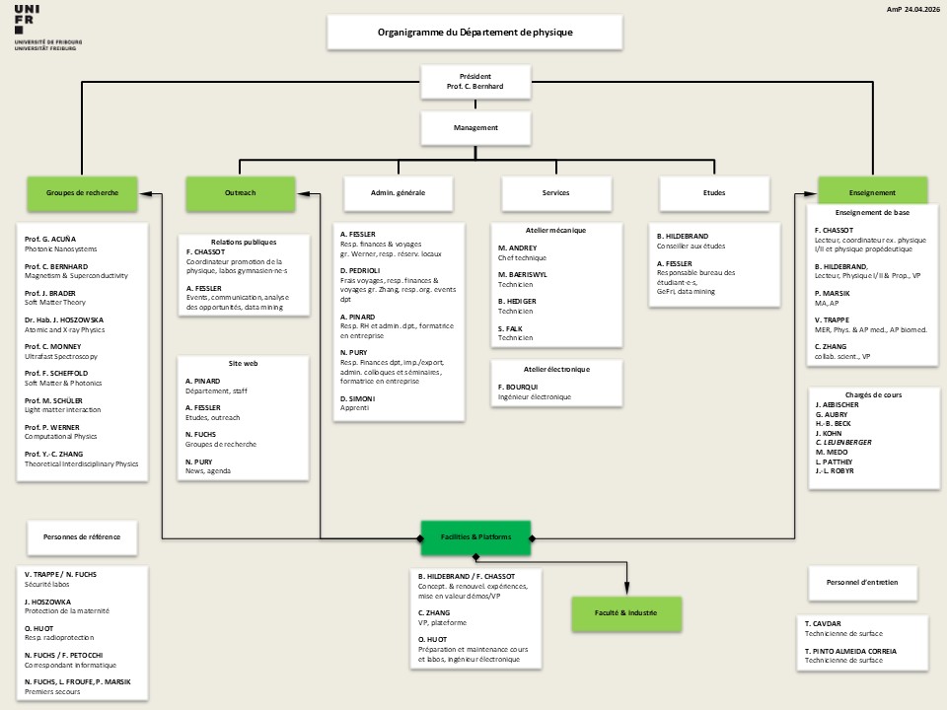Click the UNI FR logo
(47, 28)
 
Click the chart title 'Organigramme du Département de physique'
(475, 32)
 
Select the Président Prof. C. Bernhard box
(475, 82)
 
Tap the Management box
(475, 128)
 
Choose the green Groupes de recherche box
(82, 193)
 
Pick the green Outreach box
(241, 193)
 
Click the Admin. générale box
(398, 193)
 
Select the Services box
(556, 193)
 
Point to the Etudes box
(714, 193)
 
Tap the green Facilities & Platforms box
(475, 537)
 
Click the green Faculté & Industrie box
(626, 613)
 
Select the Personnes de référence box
(82, 537)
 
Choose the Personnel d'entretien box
(862, 583)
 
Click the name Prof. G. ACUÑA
(50, 239)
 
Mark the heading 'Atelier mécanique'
(555, 230)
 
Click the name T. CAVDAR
(823, 623)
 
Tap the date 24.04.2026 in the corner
(922, 9)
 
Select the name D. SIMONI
(357, 399)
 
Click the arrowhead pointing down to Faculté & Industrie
(626, 589)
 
